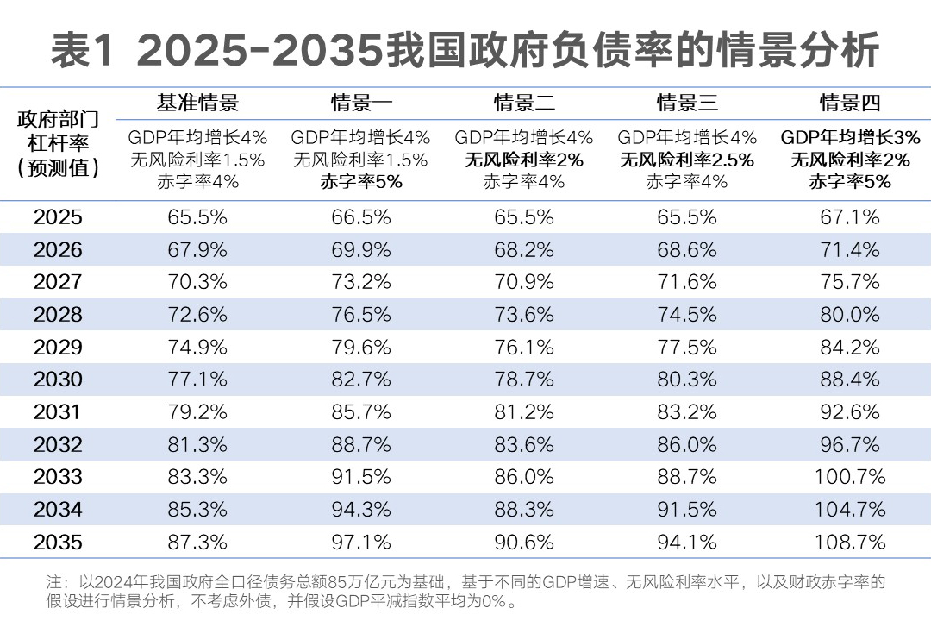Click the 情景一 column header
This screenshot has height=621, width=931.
(x=362, y=103)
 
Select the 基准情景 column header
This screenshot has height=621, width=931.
(x=197, y=103)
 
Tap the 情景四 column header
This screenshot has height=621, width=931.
(x=850, y=103)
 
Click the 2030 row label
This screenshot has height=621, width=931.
(x=59, y=379)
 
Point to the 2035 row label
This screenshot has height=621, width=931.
(x=59, y=542)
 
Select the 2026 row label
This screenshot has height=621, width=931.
(x=59, y=250)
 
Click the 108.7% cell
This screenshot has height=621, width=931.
(x=850, y=542)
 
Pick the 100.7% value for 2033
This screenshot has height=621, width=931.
(x=850, y=477)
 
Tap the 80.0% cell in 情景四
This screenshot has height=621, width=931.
(x=850, y=315)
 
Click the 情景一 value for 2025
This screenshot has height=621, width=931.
(x=361, y=217)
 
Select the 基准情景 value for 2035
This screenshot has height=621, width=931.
(x=197, y=542)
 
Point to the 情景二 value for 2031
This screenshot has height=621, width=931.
(x=524, y=412)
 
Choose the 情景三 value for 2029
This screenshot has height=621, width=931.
(x=687, y=348)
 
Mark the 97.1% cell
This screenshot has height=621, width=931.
(x=361, y=542)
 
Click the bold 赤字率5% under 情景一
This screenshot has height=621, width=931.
(x=361, y=181)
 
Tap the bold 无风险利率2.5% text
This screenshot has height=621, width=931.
(x=687, y=160)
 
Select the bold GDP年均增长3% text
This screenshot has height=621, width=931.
(x=850, y=137)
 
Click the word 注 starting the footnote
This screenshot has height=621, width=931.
(x=53, y=581)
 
